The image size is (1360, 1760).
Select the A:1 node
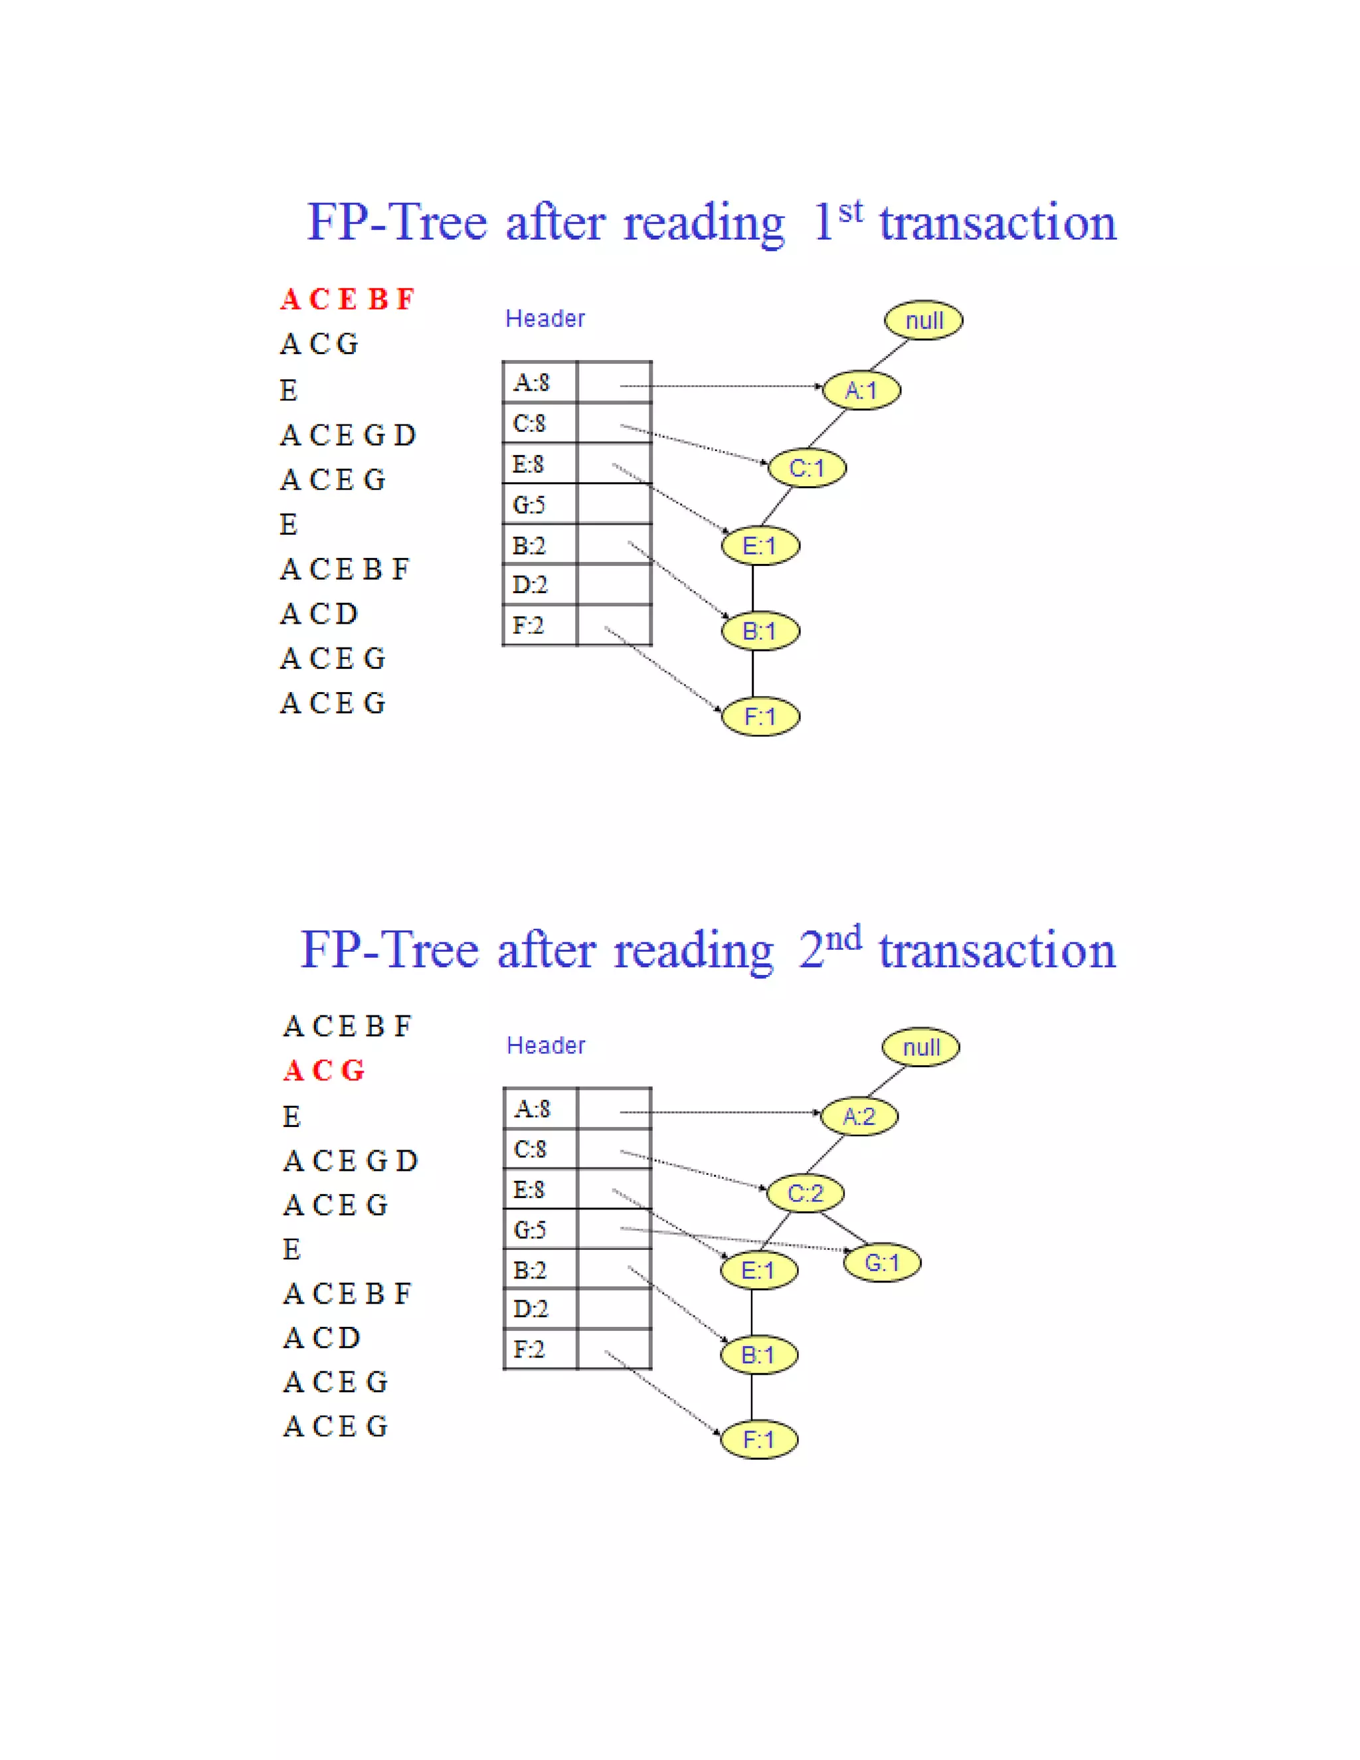point(861,391)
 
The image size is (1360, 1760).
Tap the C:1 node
point(806,468)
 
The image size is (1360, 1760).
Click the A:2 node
point(859,1117)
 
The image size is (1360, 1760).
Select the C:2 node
point(805,1193)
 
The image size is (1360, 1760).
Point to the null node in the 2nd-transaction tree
point(921,1047)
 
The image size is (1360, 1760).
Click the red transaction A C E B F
point(347,299)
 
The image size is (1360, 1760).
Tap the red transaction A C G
point(324,1070)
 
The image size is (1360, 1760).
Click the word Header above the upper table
point(545,319)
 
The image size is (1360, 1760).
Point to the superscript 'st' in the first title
point(850,212)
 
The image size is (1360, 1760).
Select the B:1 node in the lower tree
point(758,1356)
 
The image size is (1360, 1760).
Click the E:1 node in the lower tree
point(758,1271)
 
